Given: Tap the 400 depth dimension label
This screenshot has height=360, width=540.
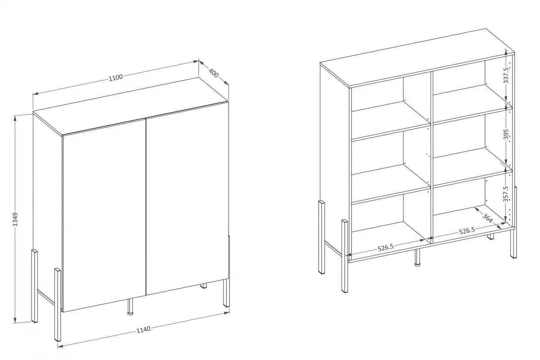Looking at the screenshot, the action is pos(214,73).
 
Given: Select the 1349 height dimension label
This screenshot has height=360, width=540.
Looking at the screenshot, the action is pos(15,219).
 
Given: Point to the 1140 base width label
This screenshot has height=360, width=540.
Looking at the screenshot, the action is pos(144,329).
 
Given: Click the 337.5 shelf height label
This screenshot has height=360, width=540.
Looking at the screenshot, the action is pos(506,76).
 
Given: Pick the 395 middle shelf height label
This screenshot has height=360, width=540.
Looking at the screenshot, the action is pos(506,134).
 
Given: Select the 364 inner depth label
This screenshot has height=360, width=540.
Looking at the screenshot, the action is pos(487,218).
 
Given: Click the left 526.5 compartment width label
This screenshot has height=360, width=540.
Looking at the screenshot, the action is pos(386,247).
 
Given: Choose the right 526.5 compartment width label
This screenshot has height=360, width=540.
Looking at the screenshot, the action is pos(467,231).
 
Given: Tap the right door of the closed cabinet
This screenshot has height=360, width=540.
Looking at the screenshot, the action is pos(187,198).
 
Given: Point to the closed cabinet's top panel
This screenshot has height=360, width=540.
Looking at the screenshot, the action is pos(130,106).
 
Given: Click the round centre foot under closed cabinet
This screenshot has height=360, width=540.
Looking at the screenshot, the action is pos(130,307).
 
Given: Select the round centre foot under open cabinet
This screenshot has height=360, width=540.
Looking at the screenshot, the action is pos(417,257).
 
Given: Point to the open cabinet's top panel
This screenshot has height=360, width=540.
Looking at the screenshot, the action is pos(417,58).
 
